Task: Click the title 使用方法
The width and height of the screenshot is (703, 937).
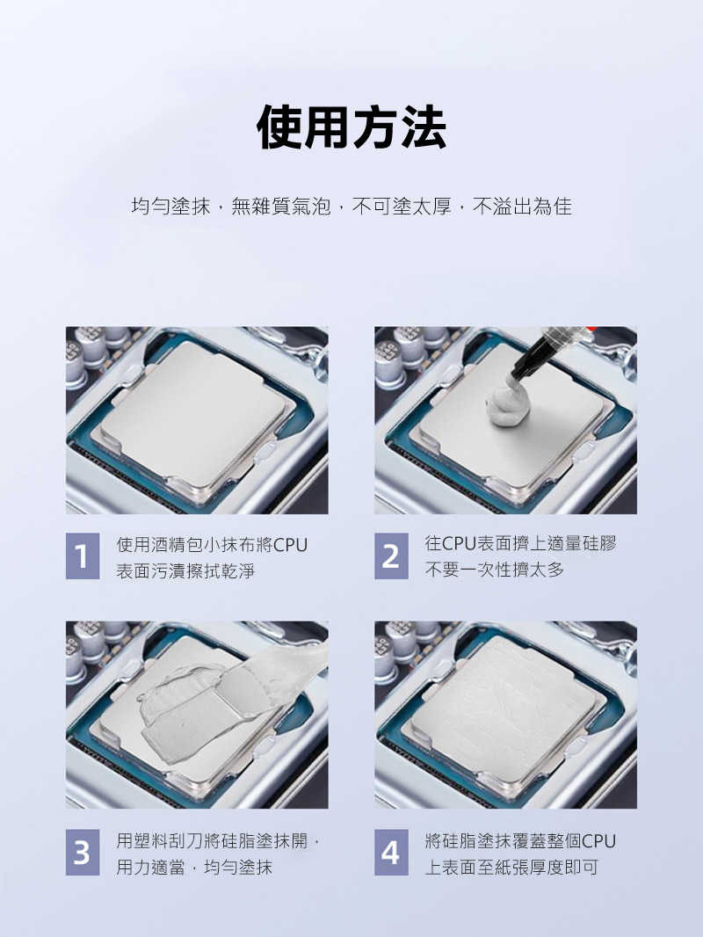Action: tap(351, 127)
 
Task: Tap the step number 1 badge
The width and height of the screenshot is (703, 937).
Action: tap(83, 556)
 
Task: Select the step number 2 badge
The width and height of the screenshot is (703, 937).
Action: tap(391, 556)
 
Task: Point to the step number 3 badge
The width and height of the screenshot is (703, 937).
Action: tap(83, 852)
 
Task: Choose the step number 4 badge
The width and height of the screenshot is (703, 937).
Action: tap(391, 852)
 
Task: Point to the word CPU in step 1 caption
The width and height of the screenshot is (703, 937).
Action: tap(290, 545)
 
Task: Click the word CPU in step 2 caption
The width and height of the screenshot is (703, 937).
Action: tap(459, 543)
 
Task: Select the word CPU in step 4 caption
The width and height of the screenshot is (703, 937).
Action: tap(599, 841)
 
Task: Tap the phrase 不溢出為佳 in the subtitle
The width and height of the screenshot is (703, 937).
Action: tap(522, 207)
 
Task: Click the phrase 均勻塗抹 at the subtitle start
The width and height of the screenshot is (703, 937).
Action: tap(170, 207)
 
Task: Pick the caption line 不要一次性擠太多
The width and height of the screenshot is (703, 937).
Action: tap(495, 570)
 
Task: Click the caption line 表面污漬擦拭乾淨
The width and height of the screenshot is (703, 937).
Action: tap(185, 571)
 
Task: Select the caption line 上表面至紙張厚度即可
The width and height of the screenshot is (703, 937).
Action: tap(511, 867)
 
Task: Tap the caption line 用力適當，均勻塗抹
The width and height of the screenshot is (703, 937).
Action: tap(195, 867)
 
